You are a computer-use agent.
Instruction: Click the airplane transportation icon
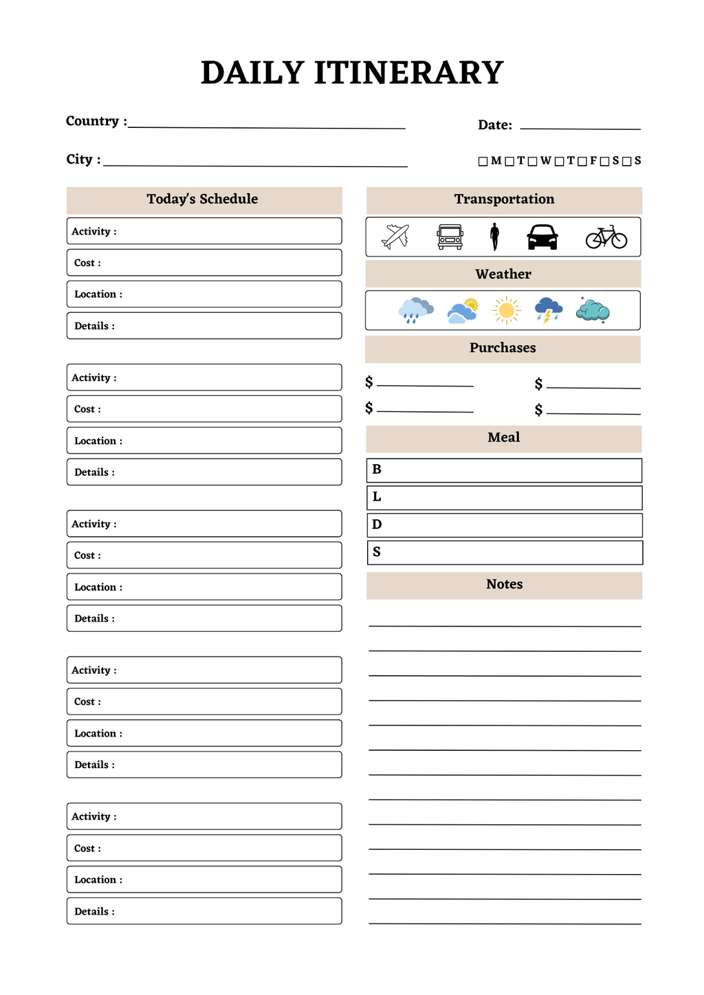click(x=395, y=237)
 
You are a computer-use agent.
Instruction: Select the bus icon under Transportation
click(x=450, y=237)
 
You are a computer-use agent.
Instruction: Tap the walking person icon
click(x=494, y=237)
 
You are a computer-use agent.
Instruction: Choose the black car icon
click(x=542, y=237)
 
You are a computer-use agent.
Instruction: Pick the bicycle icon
click(x=606, y=237)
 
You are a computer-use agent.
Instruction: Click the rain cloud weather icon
click(x=415, y=310)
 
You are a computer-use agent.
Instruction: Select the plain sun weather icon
click(x=506, y=311)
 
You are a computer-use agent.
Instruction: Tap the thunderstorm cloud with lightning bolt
click(x=548, y=310)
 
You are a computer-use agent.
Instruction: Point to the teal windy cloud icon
click(x=593, y=311)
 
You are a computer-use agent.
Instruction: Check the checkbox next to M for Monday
click(x=483, y=162)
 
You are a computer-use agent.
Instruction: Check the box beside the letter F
click(x=582, y=162)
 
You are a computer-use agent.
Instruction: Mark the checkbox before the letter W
click(x=532, y=162)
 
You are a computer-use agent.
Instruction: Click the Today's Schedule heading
click(x=202, y=199)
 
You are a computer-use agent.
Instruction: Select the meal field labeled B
click(x=504, y=470)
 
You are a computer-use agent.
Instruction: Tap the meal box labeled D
click(x=504, y=525)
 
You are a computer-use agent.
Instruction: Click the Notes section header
click(x=504, y=584)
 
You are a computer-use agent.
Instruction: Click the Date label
click(x=494, y=125)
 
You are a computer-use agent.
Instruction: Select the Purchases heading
click(x=503, y=348)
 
